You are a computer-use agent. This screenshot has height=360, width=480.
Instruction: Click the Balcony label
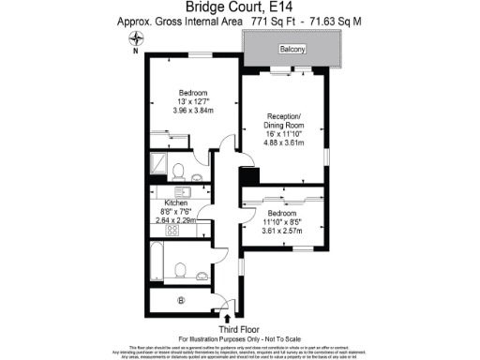click(x=292, y=49)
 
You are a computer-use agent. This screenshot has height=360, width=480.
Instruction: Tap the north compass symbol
click(x=139, y=40)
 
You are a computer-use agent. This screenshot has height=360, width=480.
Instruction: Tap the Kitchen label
click(x=176, y=202)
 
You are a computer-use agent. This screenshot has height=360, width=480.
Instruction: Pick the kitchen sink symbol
click(x=184, y=192)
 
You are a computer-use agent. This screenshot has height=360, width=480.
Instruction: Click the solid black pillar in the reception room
click(x=247, y=175)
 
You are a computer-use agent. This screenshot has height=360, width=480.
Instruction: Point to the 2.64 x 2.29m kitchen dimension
click(x=176, y=221)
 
